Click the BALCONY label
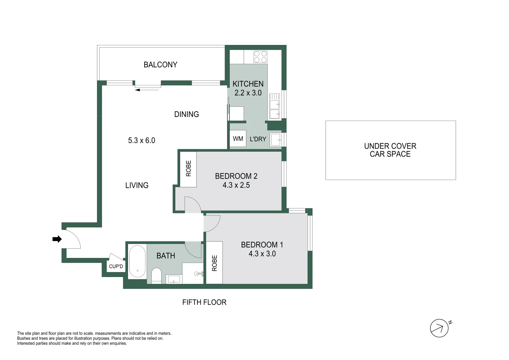160,65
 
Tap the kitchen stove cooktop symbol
260,57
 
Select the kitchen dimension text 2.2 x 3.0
248,93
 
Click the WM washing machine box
238,139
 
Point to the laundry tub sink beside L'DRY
276,140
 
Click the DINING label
186,114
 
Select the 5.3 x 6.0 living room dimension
142,141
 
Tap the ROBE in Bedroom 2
188,169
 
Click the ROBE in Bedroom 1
214,263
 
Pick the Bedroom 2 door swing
192,204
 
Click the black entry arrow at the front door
57,239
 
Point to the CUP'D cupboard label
116,266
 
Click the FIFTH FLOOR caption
204,302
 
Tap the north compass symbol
439,328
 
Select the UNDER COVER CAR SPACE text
390,150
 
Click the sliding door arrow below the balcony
147,90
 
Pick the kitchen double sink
275,106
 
